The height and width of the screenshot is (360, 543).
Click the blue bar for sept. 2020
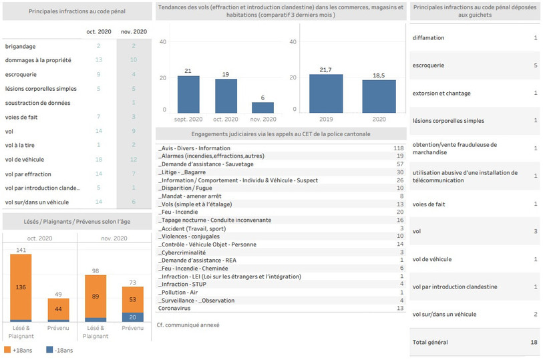click(x=188, y=94)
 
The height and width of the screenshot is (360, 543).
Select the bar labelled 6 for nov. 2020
click(x=262, y=108)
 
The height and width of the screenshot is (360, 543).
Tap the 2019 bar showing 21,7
click(x=326, y=94)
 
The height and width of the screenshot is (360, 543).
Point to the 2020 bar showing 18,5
click(x=379, y=97)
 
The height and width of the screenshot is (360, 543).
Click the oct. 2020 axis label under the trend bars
click(x=226, y=119)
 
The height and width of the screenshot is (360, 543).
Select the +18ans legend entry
click(x=18, y=350)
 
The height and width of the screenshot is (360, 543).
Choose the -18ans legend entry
click(x=59, y=350)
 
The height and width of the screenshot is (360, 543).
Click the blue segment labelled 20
click(x=133, y=317)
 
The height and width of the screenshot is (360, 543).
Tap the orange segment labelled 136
click(x=21, y=287)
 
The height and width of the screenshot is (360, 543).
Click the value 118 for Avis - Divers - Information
click(x=399, y=148)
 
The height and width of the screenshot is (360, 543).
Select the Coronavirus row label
click(x=174, y=308)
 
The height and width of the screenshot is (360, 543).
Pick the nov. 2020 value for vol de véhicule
click(x=134, y=159)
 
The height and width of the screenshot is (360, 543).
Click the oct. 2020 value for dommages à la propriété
click(x=99, y=59)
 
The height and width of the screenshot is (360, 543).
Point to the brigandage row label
click(x=20, y=46)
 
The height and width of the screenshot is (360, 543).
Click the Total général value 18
click(x=534, y=342)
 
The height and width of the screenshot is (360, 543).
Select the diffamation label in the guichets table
click(x=428, y=37)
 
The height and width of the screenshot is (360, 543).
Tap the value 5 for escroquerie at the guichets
click(x=536, y=65)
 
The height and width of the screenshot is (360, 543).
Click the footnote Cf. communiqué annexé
click(x=188, y=325)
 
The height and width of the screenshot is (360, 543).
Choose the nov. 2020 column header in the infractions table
click(x=134, y=31)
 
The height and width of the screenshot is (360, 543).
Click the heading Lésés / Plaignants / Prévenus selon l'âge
click(x=77, y=222)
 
